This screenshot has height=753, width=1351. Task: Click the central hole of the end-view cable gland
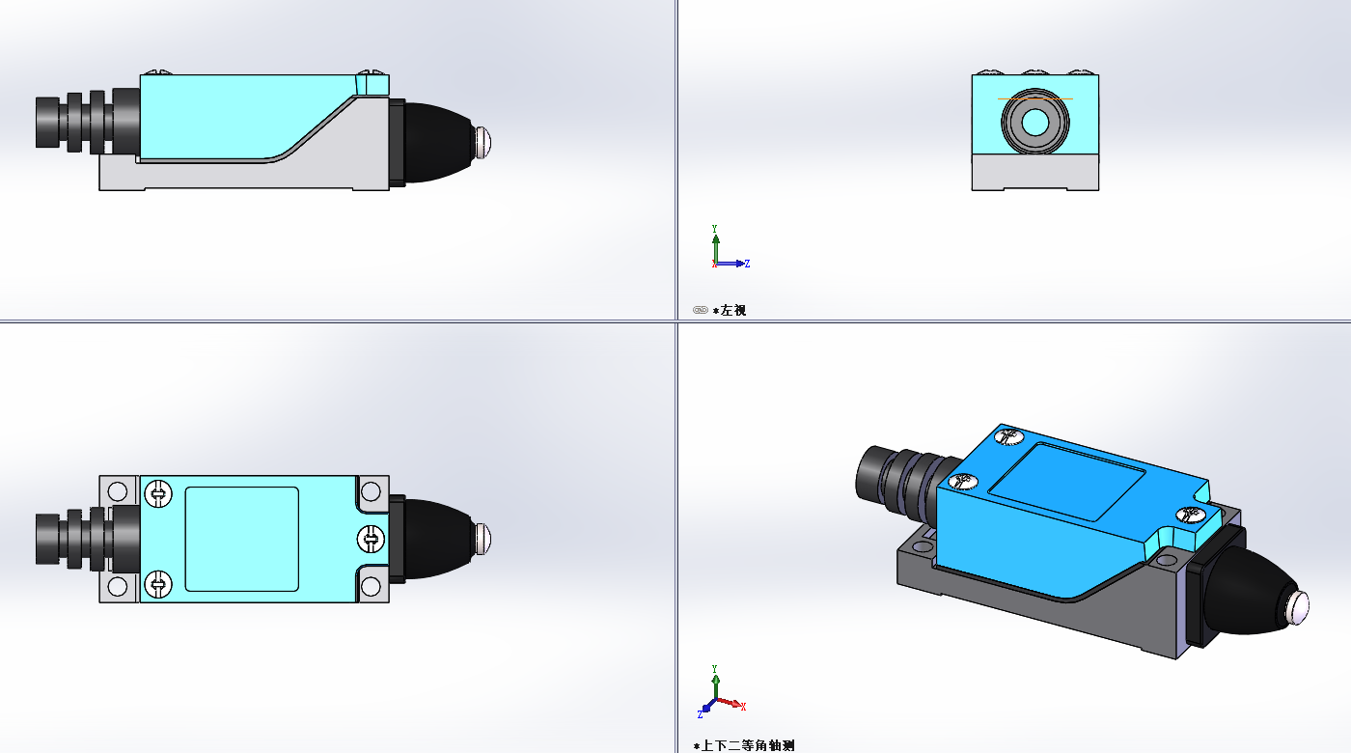click(x=1034, y=122)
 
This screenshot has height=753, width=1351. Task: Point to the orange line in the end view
click(x=1034, y=98)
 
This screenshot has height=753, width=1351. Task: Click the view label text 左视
click(x=733, y=311)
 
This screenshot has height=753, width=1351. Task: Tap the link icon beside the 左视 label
click(x=701, y=310)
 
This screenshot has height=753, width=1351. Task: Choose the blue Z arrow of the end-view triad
click(x=737, y=263)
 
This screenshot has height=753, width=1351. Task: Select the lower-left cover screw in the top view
click(x=157, y=583)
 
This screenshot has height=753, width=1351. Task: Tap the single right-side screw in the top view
click(x=370, y=538)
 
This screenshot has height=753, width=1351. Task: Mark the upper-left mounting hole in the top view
click(x=118, y=491)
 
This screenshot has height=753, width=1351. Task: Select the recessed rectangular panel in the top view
click(x=241, y=539)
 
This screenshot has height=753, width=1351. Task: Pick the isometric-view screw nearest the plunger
click(x=1193, y=516)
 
